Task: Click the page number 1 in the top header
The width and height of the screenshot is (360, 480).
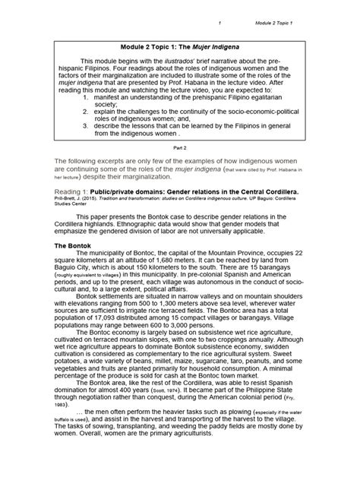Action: click(x=219, y=24)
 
